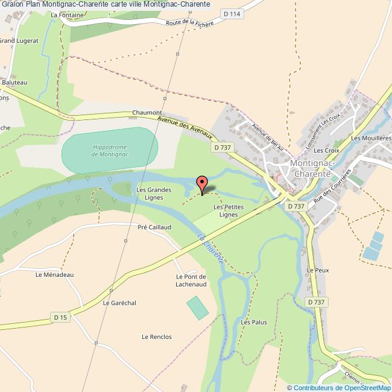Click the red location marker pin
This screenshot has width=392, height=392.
(202, 182)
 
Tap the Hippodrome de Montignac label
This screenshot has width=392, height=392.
(110, 150)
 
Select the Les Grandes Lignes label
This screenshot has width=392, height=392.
(154, 194)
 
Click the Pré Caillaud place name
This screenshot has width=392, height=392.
(154, 227)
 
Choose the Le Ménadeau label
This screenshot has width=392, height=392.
(54, 274)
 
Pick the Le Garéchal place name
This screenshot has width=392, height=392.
(119, 303)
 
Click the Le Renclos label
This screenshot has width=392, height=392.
(156, 337)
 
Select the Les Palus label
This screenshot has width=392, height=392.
(254, 323)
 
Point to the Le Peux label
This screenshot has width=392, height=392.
(318, 271)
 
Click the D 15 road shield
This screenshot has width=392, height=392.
(60, 317)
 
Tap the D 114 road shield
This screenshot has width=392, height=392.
(230, 13)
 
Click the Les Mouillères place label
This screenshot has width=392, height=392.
(371, 138)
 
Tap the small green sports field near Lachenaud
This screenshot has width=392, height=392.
(197, 308)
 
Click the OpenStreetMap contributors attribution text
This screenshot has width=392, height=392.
(339, 388)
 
